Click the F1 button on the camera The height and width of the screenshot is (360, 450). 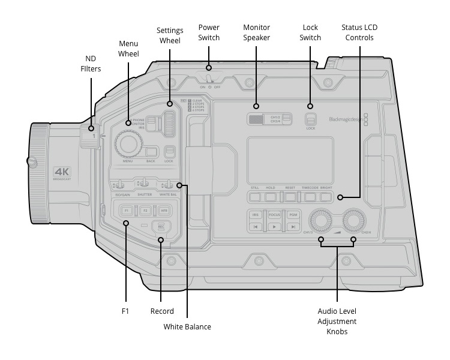click(x=127, y=211)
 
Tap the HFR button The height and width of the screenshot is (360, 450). click(x=163, y=211)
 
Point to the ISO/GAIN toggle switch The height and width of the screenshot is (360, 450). click(x=120, y=184)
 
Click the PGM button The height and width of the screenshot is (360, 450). click(x=292, y=214)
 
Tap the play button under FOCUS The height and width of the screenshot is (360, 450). click(x=274, y=227)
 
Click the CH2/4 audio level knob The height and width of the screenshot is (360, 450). click(x=354, y=220)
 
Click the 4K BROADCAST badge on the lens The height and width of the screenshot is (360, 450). click(x=62, y=173)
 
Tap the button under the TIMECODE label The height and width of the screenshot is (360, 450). click(x=309, y=196)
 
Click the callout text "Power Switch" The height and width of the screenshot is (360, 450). click(x=209, y=32)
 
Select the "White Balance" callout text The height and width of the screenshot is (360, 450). click(x=187, y=327)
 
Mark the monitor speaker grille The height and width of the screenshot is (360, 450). click(x=257, y=119)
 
